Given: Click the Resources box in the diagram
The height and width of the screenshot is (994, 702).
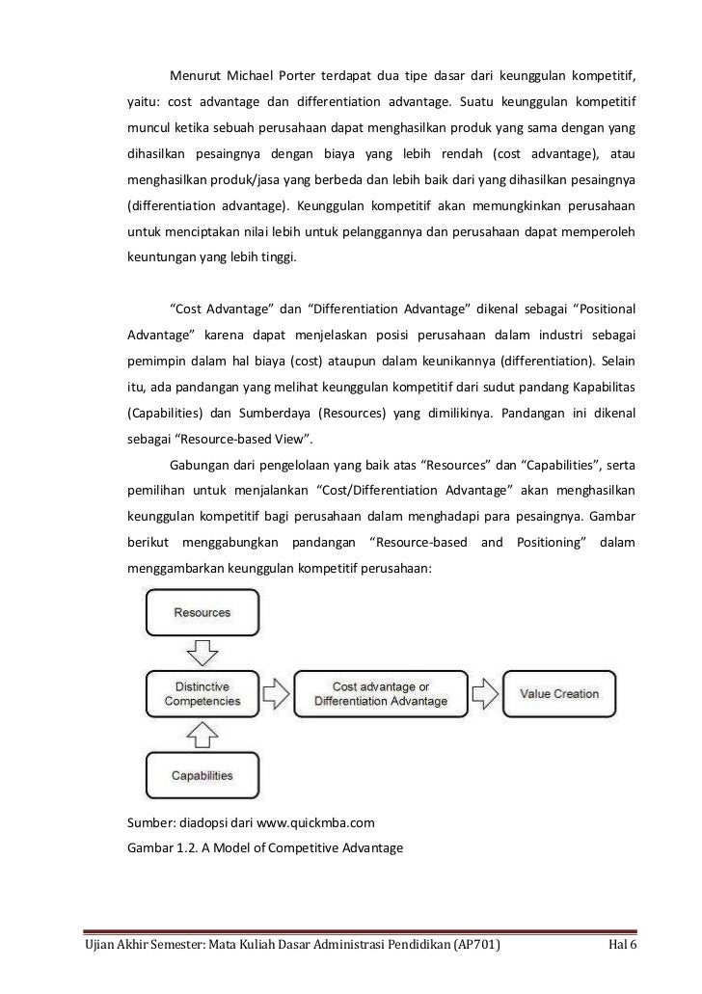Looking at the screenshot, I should [202, 613].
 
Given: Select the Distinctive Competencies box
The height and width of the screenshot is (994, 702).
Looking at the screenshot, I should [202, 693].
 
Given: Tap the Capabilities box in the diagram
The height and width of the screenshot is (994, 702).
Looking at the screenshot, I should [202, 775].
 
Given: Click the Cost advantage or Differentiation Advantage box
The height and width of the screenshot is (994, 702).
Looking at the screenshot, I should [380, 693].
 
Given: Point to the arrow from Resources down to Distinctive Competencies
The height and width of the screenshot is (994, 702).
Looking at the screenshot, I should [202, 653].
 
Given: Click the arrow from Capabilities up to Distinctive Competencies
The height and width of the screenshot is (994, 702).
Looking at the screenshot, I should [202, 735].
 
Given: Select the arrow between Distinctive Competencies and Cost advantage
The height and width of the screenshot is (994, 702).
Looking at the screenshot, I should [276, 693].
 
